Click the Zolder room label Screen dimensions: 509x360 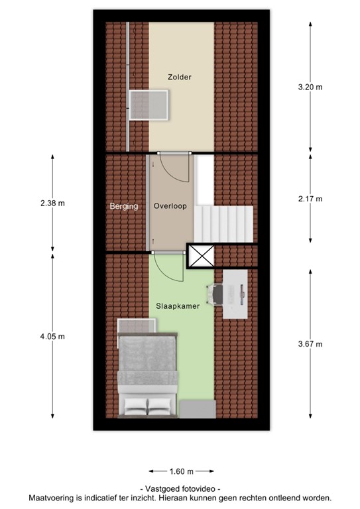[x=179, y=78]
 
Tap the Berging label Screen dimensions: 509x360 [x=124, y=206]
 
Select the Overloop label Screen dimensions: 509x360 [x=170, y=206]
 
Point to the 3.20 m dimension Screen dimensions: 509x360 [x=310, y=86]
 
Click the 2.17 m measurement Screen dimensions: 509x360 [x=310, y=199]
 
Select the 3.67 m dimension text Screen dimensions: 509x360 [x=310, y=344]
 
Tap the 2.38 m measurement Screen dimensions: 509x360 [x=52, y=203]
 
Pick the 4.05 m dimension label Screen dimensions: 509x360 [x=52, y=337]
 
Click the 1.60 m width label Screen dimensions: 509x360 [x=180, y=472]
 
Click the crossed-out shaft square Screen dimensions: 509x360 [x=201, y=256]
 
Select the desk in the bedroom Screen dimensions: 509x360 [x=235, y=293]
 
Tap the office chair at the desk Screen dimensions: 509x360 [x=215, y=293]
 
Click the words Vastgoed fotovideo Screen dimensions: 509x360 [x=180, y=488]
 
